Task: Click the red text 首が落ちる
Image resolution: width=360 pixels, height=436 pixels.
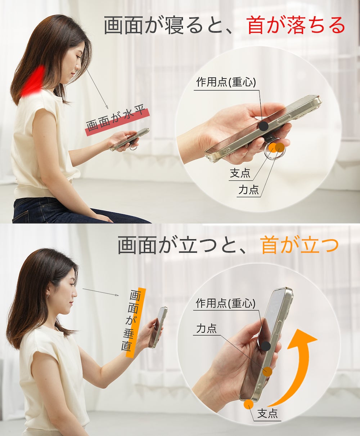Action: (296, 26)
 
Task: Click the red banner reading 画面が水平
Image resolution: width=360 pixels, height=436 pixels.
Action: (118, 122)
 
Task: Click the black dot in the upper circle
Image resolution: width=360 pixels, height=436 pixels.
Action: (264, 126)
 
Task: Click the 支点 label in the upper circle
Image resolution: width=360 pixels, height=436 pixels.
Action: (240, 173)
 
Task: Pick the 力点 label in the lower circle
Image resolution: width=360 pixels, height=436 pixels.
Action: (206, 329)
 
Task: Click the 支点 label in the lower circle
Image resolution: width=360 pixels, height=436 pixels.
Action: (267, 413)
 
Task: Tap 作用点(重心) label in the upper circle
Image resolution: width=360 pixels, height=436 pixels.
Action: (226, 82)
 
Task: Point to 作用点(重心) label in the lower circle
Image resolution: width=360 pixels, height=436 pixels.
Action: (226, 303)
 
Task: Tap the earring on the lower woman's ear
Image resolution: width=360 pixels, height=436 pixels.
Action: (48, 295)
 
